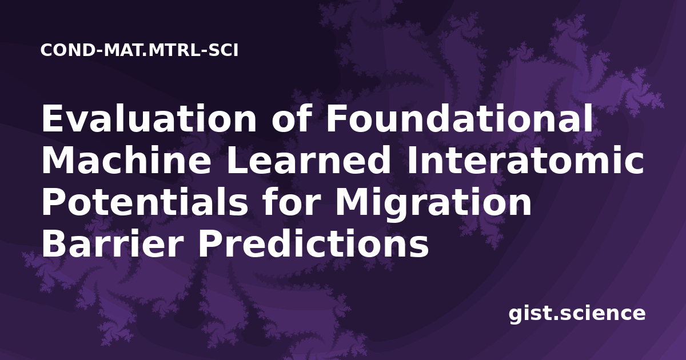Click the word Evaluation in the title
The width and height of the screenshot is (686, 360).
[x=149, y=118]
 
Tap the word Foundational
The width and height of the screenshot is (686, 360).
[x=459, y=118]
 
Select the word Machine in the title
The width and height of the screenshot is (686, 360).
[x=126, y=160]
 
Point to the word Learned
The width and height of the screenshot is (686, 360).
[x=308, y=160]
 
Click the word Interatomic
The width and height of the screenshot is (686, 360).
[x=525, y=160]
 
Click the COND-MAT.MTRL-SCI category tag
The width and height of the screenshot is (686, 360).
[x=139, y=50]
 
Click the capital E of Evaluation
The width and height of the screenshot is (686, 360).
[x=52, y=118]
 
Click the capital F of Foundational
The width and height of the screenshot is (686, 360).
[x=337, y=118]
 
